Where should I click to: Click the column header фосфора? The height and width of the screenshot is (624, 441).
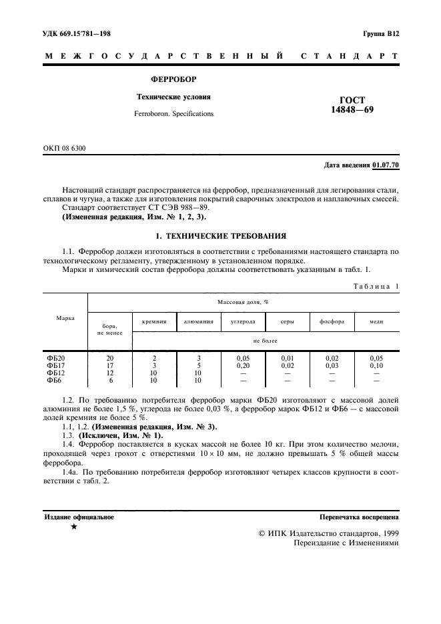click(x=332, y=321)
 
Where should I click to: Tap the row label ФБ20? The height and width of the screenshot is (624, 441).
click(x=55, y=357)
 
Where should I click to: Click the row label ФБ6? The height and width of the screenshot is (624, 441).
click(x=53, y=380)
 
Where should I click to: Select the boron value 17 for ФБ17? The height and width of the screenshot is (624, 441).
click(x=110, y=365)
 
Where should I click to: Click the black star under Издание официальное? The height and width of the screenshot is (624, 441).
click(x=74, y=527)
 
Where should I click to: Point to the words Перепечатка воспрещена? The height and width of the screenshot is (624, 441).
click(x=360, y=516)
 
